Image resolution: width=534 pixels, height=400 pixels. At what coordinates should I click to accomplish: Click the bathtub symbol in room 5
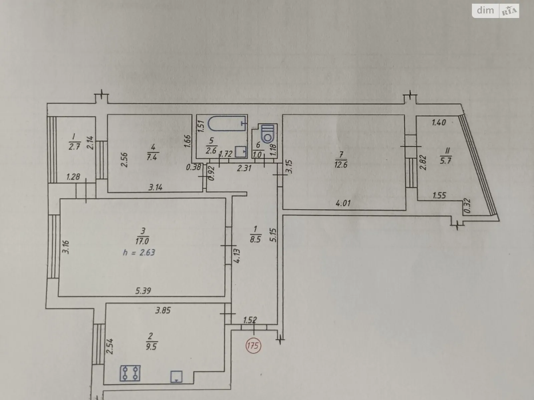click(227, 123)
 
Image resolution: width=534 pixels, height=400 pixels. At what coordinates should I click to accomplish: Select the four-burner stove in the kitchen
click(130, 373)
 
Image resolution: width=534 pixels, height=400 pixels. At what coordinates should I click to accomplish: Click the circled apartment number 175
click(253, 345)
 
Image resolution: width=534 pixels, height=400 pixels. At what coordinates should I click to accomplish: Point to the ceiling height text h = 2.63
click(139, 253)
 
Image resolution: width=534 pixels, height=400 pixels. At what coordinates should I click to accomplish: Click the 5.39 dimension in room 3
click(143, 290)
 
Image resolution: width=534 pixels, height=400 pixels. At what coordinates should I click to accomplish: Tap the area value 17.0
click(143, 241)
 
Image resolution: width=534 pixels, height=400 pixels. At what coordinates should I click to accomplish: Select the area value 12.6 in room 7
click(341, 165)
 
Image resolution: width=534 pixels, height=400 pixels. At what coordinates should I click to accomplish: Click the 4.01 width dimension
click(343, 203)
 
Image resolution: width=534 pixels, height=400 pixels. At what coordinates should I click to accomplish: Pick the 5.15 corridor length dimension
click(273, 235)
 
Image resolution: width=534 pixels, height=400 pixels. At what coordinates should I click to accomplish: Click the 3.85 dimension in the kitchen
click(163, 310)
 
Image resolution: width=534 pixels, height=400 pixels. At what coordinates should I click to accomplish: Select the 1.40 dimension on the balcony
click(439, 122)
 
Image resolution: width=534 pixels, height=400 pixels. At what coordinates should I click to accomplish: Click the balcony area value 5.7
click(446, 161)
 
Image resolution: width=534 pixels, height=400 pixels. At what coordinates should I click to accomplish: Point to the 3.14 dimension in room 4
click(156, 187)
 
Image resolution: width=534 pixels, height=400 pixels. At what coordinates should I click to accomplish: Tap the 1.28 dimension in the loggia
click(73, 177)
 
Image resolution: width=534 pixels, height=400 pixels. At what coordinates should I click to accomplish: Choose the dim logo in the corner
click(485, 10)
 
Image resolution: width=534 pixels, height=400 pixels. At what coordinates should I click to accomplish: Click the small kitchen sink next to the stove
click(176, 377)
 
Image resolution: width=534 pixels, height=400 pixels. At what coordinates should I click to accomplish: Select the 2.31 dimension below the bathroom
click(244, 168)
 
